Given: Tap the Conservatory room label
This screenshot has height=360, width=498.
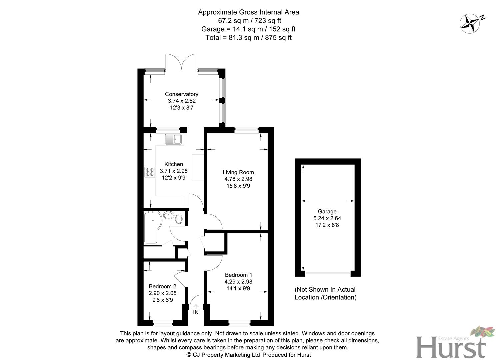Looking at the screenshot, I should [182, 94].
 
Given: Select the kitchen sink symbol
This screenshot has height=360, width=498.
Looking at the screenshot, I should [173, 139].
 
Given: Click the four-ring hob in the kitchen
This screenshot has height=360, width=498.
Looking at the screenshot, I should [150, 172].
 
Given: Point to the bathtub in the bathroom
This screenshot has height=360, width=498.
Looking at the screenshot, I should [152, 228].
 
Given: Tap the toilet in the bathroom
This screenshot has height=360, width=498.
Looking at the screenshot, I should [179, 218].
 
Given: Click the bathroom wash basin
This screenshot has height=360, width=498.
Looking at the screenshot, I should [169, 214].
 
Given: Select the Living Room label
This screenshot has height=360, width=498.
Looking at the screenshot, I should [238, 172].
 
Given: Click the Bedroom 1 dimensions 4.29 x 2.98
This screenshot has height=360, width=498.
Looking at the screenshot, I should [238, 282].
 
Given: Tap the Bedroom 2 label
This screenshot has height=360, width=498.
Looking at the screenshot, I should [162, 286].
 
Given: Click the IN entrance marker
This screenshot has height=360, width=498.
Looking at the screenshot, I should [196, 312].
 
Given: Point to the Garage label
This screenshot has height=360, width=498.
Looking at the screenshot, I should [327, 211].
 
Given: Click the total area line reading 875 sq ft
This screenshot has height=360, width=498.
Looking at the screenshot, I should [248, 38].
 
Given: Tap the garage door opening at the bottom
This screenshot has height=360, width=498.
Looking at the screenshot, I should [328, 273].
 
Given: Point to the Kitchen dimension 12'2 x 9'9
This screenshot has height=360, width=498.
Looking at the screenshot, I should [174, 178].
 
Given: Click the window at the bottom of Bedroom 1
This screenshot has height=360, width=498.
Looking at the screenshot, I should [239, 323].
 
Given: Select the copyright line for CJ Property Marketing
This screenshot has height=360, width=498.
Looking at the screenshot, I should [248, 355].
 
